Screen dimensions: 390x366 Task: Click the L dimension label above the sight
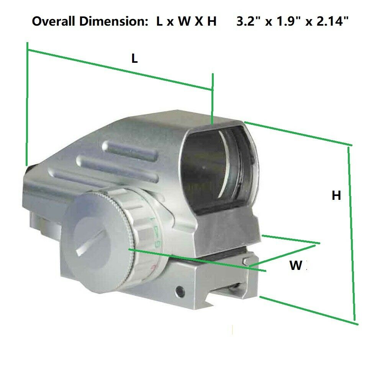coord(134,59)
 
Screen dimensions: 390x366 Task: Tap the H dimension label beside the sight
coord(336,195)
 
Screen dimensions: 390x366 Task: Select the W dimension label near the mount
coord(296,265)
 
